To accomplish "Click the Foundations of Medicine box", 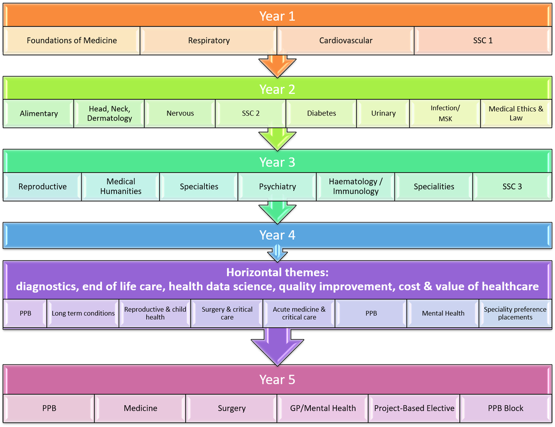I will click(72, 41).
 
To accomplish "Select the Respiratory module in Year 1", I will click(209, 41).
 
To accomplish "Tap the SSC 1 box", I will click(482, 41).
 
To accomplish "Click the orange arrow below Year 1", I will click(277, 65).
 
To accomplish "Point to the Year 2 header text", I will click(277, 89).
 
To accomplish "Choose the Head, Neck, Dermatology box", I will click(110, 113).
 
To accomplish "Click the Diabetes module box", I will click(321, 113).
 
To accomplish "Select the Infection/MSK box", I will click(445, 113).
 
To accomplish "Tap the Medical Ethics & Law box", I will click(516, 113).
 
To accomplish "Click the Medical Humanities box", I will click(121, 187).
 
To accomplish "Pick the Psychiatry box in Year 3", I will click(277, 187).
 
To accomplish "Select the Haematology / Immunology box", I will click(356, 187).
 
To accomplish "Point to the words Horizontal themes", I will click(277, 272).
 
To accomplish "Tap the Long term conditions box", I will click(83, 313).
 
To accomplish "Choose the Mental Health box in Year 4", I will click(443, 313).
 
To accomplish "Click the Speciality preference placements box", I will click(515, 313).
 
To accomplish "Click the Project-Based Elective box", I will click(414, 408).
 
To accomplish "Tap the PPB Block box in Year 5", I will click(506, 408).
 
